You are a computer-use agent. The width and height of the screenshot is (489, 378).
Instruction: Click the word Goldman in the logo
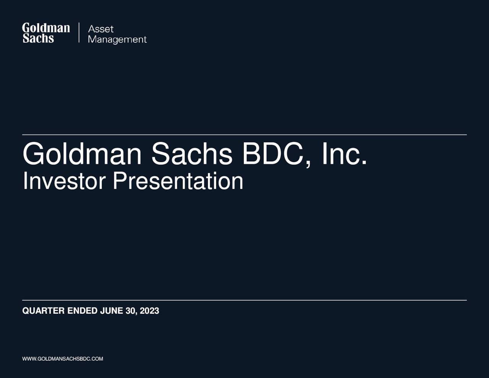[x=46, y=28]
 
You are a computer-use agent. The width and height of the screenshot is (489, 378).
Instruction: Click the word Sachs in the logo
[x=38, y=38]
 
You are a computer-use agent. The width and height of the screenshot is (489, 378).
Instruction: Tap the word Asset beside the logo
[x=101, y=29]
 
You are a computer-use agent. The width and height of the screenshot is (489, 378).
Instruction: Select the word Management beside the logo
[x=117, y=40]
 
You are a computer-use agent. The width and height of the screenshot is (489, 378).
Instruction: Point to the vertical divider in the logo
[x=79, y=33]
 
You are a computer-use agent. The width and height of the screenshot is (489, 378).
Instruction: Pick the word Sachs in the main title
[x=192, y=154]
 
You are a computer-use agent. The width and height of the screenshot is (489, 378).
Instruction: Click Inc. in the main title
[x=344, y=154]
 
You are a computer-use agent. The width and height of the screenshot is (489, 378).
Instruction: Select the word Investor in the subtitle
[x=64, y=181]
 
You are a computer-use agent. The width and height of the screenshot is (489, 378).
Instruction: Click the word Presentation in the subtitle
[x=178, y=181]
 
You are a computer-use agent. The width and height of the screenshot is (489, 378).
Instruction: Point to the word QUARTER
[x=43, y=311]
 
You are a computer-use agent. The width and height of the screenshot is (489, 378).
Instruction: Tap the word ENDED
[x=83, y=311]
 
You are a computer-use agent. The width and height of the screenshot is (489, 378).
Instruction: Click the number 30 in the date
[x=130, y=311]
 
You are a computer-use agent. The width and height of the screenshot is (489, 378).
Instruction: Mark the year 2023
[x=149, y=311]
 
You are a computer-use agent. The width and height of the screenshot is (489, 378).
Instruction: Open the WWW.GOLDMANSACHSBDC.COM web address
[x=63, y=359]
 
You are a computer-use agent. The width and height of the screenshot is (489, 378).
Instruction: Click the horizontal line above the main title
[x=244, y=135]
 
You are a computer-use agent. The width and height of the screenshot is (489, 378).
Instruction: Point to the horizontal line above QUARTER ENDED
[x=244, y=300]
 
